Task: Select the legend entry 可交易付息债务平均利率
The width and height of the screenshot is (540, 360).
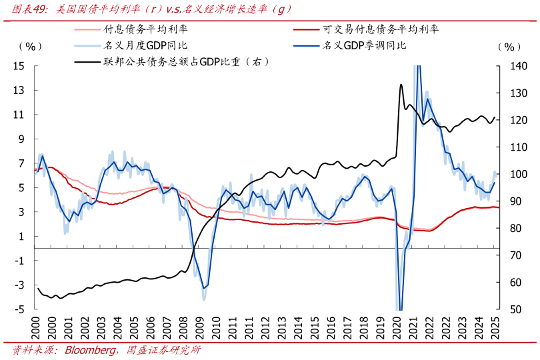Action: pos(380,29)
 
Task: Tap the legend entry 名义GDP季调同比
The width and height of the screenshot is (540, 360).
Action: pos(364,45)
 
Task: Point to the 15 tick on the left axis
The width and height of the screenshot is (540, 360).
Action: pos(19,66)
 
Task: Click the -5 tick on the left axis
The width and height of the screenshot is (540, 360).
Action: pos(19,310)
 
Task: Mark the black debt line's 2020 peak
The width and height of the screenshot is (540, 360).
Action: pos(401,85)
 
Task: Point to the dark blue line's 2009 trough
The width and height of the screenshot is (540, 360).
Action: pos(203,287)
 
